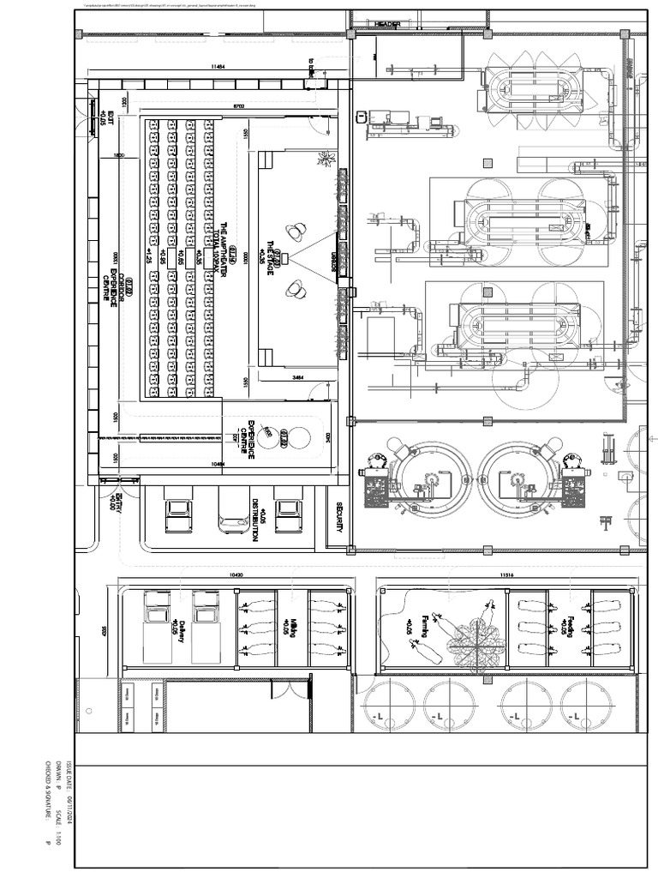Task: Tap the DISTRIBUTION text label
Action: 256,520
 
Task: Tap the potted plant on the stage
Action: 325,158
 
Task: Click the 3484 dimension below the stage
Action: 299,377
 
